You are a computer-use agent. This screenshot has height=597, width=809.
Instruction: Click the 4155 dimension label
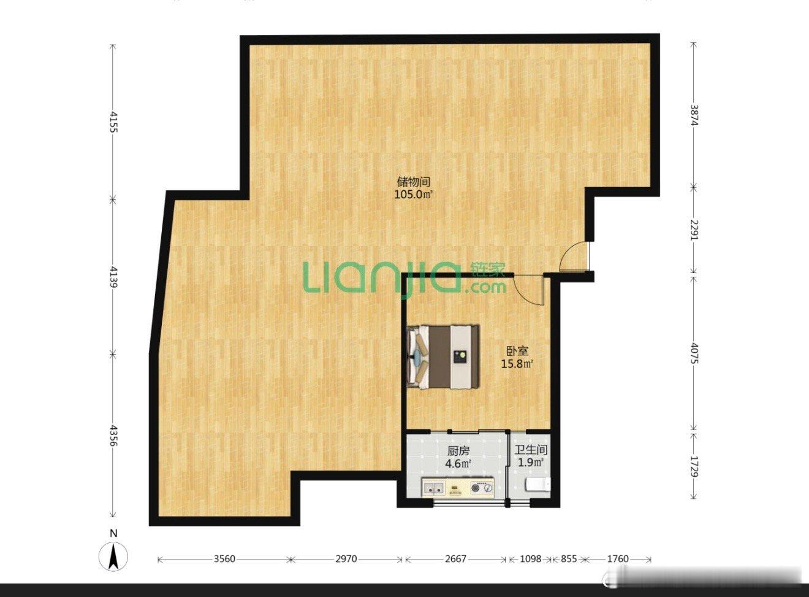pyautogui.click(x=113, y=121)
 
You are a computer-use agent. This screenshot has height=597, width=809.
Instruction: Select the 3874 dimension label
pyautogui.click(x=693, y=115)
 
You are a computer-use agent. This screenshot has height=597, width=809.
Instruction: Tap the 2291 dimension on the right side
pyautogui.click(x=693, y=230)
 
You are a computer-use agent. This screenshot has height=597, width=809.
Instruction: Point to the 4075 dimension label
pyautogui.click(x=693, y=354)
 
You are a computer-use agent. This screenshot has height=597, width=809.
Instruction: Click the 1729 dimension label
pyautogui.click(x=693, y=466)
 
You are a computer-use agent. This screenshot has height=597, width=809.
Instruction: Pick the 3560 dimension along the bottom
pyautogui.click(x=224, y=559)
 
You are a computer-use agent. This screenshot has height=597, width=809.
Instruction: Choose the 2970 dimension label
pyautogui.click(x=346, y=559)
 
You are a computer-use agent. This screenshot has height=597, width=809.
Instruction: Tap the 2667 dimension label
pyautogui.click(x=455, y=559)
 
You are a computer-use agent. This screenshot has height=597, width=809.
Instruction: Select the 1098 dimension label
pyautogui.click(x=531, y=559)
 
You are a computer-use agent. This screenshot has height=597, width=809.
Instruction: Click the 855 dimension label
pyautogui.click(x=569, y=559)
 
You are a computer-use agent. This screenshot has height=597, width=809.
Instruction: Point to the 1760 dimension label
pyautogui.click(x=618, y=559)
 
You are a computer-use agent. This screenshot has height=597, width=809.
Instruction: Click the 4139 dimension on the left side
pyautogui.click(x=113, y=277)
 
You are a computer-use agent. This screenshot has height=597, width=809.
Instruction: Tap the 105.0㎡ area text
pyautogui.click(x=414, y=195)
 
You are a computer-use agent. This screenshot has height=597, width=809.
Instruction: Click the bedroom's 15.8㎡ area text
pyautogui.click(x=517, y=364)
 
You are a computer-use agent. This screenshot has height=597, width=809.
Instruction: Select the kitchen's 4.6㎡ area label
pyautogui.click(x=458, y=464)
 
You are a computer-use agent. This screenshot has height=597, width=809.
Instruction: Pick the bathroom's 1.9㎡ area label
pyautogui.click(x=531, y=463)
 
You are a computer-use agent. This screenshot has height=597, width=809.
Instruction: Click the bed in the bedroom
pyautogui.click(x=443, y=356)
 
